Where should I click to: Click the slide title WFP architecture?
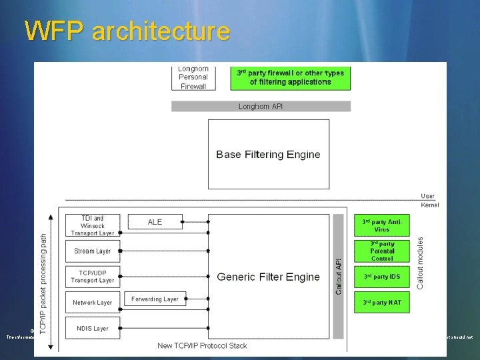tap(127, 31)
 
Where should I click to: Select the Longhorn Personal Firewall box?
tap(193, 77)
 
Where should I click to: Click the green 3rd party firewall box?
tap(290, 77)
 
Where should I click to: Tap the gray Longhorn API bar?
tap(261, 106)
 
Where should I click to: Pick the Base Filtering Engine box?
tap(268, 154)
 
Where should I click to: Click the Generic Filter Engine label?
tap(268, 277)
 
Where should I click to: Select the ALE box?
tap(155, 222)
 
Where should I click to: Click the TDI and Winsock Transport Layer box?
tap(93, 225)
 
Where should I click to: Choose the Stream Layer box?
tap(93, 251)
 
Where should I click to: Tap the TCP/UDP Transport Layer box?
tap(93, 277)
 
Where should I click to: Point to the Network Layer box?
tap(93, 302)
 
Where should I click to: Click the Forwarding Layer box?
tap(155, 299)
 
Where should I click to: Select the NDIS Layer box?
tap(93, 328)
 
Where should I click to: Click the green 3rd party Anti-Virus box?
tap(382, 225)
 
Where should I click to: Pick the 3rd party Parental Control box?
tap(382, 251)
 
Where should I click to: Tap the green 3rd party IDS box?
tap(382, 277)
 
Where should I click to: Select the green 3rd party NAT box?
tap(382, 302)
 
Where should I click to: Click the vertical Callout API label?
tap(339, 276)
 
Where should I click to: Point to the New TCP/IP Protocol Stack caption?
tap(202, 345)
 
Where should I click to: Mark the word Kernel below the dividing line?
tap(429, 205)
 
